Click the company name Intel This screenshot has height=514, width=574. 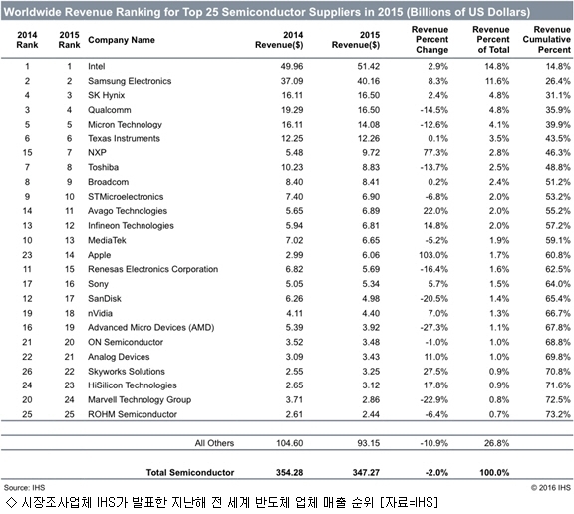pyautogui.click(x=96, y=66)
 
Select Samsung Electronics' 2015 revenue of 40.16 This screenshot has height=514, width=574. pyautogui.click(x=369, y=81)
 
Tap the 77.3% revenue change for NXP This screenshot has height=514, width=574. pyautogui.click(x=435, y=153)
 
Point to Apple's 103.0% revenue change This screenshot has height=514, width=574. pyautogui.click(x=433, y=255)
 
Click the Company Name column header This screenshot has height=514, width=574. pyautogui.click(x=122, y=40)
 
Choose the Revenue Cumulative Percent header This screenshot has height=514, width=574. pyautogui.click(x=546, y=39)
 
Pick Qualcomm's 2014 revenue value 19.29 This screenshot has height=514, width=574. pyautogui.click(x=292, y=110)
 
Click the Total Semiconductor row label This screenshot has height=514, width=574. pyautogui.click(x=190, y=472)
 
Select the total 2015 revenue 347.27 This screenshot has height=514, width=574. pyautogui.click(x=366, y=472)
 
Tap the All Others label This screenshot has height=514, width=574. pyautogui.click(x=214, y=443)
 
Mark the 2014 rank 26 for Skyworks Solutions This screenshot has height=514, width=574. pyautogui.click(x=27, y=371)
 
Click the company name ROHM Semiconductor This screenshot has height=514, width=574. pyautogui.click(x=133, y=414)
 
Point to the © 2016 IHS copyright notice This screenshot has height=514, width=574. pyautogui.click(x=550, y=488)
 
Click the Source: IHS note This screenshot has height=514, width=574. pyautogui.click(x=24, y=488)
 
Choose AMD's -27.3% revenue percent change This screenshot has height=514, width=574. pyautogui.click(x=434, y=327)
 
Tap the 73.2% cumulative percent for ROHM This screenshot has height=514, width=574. pyautogui.click(x=558, y=414)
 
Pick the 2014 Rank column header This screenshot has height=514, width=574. pyautogui.click(x=27, y=40)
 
